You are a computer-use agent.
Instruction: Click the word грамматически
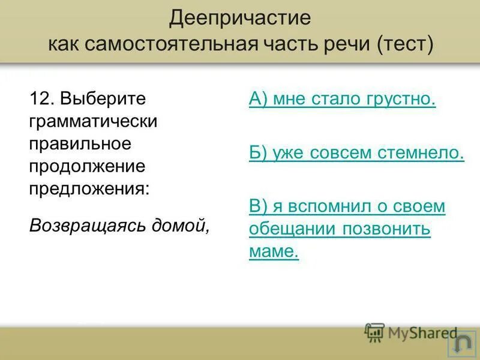[93, 121]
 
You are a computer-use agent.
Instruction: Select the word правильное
[80, 143]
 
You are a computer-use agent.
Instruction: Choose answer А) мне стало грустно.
[342, 99]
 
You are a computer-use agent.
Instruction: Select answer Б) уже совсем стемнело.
[356, 152]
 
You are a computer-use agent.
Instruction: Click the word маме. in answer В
[274, 251]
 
